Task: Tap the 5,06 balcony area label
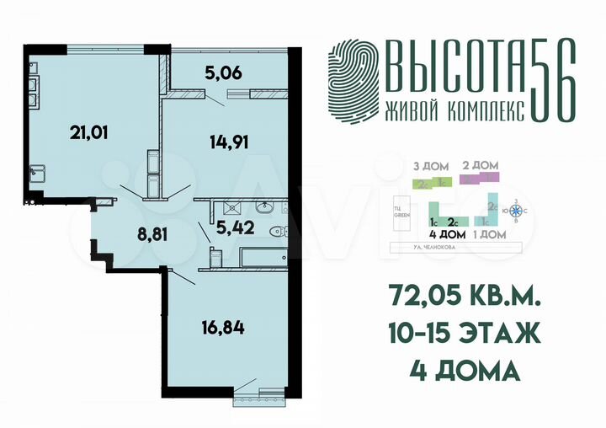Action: (x=223, y=72)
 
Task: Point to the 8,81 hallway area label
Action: (x=129, y=233)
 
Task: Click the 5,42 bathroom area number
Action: (x=233, y=226)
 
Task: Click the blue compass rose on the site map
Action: (x=517, y=211)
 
